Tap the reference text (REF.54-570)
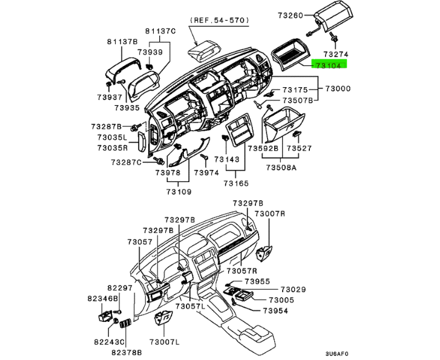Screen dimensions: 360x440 coord(220,20)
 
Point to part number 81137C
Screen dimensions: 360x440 coord(160,30)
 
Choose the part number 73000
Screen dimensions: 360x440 coord(338,88)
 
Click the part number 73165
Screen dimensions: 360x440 coord(237,183)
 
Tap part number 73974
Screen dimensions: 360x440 coord(206,172)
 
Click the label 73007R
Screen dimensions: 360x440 coord(269,214)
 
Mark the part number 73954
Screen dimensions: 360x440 coord(275,310)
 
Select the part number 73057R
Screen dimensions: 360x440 coord(242,271)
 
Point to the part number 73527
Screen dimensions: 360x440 coord(299,148)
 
